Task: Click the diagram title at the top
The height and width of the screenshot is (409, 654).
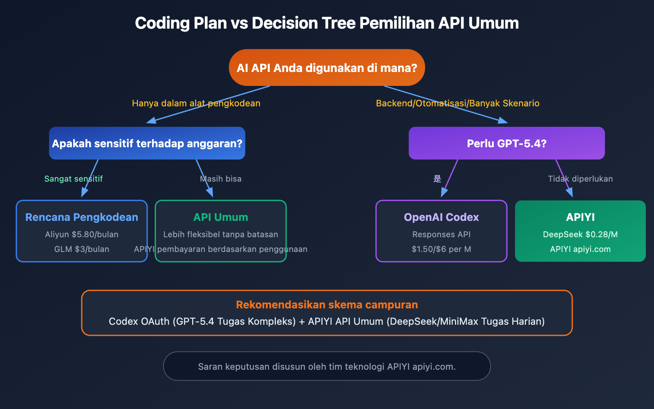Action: tap(327, 23)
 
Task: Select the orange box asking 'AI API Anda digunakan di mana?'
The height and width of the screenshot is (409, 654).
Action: tap(327, 67)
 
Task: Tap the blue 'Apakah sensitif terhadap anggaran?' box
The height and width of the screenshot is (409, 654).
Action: tap(147, 144)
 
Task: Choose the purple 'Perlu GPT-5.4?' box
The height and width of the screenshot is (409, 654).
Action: tap(507, 144)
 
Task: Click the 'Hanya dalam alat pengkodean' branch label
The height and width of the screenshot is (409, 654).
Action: tap(196, 103)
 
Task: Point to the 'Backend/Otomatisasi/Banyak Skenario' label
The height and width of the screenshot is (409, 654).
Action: tap(458, 103)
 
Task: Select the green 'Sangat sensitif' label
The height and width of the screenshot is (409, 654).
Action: tap(74, 179)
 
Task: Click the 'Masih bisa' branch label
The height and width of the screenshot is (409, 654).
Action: tap(221, 179)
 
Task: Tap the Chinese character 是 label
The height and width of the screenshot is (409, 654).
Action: tap(437, 179)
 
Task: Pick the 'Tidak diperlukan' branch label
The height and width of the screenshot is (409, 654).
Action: tap(580, 179)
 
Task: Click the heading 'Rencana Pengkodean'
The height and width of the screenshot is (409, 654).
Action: tap(82, 217)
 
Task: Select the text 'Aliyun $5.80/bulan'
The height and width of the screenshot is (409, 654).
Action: tap(82, 234)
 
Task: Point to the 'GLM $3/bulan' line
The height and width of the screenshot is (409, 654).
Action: tap(82, 249)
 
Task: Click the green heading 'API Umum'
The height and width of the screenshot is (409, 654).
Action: tap(221, 217)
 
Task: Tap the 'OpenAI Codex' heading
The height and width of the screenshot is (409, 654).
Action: tap(441, 217)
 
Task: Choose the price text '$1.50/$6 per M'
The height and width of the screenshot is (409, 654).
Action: tap(441, 249)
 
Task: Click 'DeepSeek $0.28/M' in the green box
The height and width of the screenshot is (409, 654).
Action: tap(580, 234)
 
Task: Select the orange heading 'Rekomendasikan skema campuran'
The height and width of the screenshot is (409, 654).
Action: tap(327, 305)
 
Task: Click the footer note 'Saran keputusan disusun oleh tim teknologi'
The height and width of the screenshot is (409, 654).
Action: tap(327, 366)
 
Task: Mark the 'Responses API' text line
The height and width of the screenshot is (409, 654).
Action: tap(441, 234)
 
